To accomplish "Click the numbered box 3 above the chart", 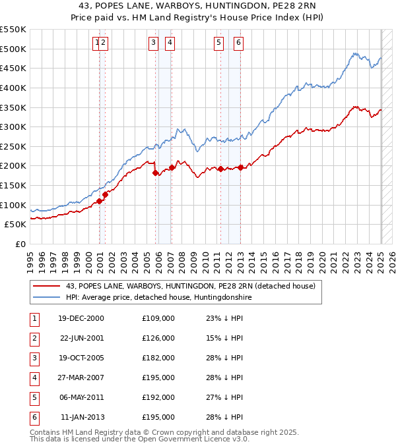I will pos(152,43).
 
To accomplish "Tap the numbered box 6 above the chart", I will pos(238,43).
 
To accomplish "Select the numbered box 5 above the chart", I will pos(218,43).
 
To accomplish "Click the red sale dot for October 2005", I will pos(156,173).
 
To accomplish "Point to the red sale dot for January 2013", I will pos(241,167).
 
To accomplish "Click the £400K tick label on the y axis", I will pos(13,88).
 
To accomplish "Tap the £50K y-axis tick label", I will pos(15,225).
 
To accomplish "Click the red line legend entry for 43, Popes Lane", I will pos(191,287).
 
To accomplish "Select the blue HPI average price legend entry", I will pos(158,298).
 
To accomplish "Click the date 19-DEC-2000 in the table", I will pos(81,318).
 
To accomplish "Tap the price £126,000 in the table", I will pos(158,338).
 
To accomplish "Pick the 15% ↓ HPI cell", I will pos(224,338).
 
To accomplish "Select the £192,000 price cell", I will pos(158,397).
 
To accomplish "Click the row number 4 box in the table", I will pos(33,378).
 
